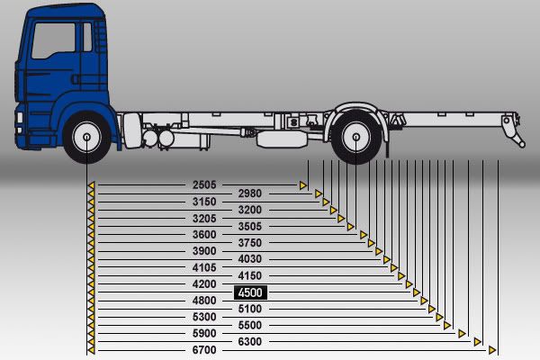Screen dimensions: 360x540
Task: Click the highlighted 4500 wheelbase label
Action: point(250,292)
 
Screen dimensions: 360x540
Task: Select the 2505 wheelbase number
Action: point(204,184)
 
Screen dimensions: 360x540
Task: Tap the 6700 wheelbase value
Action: point(204,349)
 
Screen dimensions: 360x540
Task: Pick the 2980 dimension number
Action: point(250,193)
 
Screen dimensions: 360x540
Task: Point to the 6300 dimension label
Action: point(250,341)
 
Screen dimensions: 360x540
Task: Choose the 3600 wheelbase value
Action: point(204,234)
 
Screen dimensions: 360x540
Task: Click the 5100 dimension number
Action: point(250,309)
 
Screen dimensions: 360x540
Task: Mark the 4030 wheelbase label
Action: point(250,259)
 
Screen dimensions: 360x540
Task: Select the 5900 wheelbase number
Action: point(204,333)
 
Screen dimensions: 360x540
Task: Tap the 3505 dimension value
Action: point(250,227)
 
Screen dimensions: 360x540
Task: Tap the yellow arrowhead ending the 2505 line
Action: point(304,185)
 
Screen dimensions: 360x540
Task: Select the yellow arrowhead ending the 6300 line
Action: point(479,341)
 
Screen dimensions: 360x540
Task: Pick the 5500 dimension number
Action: point(250,325)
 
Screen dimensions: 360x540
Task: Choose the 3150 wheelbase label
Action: point(204,202)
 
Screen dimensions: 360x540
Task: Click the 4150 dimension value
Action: point(250,275)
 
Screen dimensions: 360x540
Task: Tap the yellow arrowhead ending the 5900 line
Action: point(462,333)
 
